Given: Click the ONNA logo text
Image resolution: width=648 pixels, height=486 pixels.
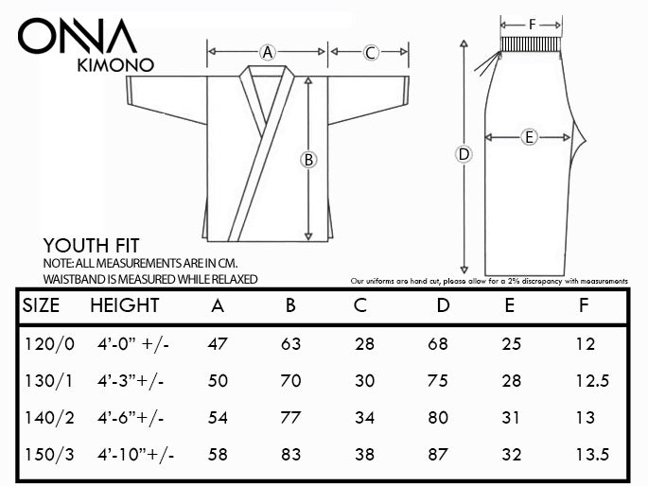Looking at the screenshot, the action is [77, 36].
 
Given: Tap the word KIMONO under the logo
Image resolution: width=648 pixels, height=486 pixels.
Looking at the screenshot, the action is [115, 65].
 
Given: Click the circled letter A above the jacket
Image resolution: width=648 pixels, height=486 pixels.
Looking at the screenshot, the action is [268, 52].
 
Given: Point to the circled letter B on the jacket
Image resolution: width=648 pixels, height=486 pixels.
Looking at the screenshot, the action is [308, 160].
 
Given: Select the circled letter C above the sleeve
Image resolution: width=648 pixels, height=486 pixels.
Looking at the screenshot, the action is [370, 52].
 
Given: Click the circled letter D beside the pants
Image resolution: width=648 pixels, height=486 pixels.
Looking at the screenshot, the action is [464, 154].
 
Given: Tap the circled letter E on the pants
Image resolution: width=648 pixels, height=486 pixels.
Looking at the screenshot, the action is [529, 137].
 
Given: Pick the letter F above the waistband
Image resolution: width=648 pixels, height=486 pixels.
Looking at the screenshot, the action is [533, 25].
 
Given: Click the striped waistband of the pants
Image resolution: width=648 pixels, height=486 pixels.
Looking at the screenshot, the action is [531, 43].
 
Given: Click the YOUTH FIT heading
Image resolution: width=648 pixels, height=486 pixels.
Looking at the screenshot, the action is [92, 246].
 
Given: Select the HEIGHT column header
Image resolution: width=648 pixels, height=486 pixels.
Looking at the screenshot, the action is [124, 305].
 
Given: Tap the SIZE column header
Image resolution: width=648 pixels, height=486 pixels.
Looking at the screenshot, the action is [41, 305].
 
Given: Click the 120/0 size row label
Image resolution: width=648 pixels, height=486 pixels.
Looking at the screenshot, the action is [49, 344].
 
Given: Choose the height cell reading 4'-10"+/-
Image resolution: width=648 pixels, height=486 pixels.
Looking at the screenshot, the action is [135, 455].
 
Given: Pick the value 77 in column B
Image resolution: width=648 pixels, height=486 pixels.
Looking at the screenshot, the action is [290, 418].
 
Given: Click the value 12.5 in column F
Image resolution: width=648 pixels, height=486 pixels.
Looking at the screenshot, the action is [592, 381].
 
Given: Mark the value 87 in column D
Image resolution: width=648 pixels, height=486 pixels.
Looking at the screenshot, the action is [438, 455].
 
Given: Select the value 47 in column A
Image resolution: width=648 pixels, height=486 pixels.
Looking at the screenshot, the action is [218, 344].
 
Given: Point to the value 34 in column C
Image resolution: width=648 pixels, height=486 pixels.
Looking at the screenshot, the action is [364, 418].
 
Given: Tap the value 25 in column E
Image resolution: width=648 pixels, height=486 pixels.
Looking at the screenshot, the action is [512, 344].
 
